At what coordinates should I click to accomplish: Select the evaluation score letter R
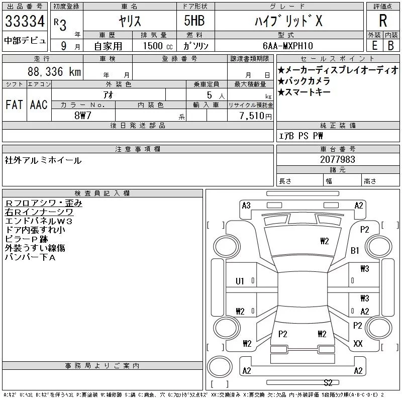pos(383,21)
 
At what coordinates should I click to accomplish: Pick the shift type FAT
pos(14,105)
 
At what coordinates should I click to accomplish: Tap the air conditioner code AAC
pos(38,105)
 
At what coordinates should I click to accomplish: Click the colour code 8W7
pos(82,115)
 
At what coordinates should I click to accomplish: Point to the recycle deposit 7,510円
pos(257,116)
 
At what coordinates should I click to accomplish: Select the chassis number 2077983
pos(337,159)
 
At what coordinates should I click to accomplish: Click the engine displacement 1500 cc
pos(156,45)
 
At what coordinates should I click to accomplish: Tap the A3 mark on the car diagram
pos(246,205)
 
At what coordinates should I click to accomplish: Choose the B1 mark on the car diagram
pos(355,250)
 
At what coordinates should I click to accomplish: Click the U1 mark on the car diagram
pos(240,281)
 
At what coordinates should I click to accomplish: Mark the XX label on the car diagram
pos(358,344)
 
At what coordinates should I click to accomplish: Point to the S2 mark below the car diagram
pos(329,382)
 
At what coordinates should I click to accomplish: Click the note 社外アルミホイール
pos(43,160)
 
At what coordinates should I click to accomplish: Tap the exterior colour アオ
pos(109,94)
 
